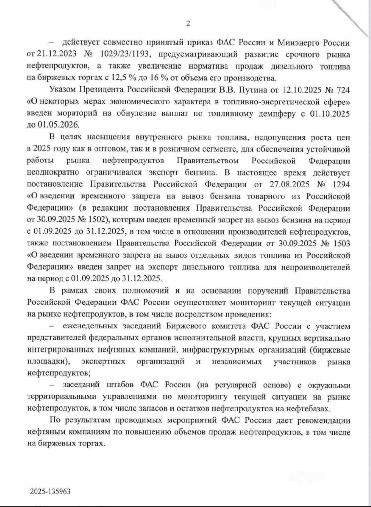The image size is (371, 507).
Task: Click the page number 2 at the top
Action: [x=188, y=23]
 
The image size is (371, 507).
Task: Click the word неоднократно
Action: [x=53, y=172]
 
